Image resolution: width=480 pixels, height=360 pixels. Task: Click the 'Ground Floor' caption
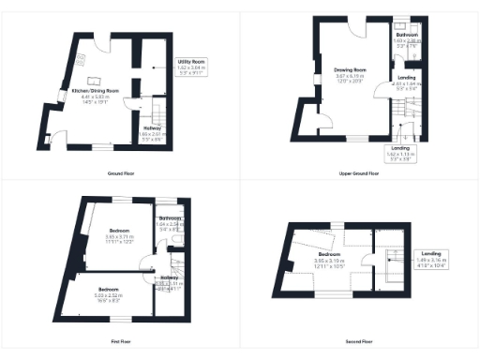[120, 173]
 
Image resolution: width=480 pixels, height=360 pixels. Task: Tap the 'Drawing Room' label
[350, 70]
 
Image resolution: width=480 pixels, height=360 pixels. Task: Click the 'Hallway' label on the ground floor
[151, 128]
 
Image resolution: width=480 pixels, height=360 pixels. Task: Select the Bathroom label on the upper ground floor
[406, 35]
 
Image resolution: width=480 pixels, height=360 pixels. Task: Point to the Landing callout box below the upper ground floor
[398, 153]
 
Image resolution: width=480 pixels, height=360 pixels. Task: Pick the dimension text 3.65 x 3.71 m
[119, 236]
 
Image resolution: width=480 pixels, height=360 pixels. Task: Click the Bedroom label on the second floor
[328, 254]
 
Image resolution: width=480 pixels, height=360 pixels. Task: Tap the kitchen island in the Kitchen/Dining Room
[96, 82]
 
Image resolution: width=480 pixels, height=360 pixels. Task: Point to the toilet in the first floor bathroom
[178, 240]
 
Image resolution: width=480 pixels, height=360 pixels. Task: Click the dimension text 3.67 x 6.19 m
[350, 76]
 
